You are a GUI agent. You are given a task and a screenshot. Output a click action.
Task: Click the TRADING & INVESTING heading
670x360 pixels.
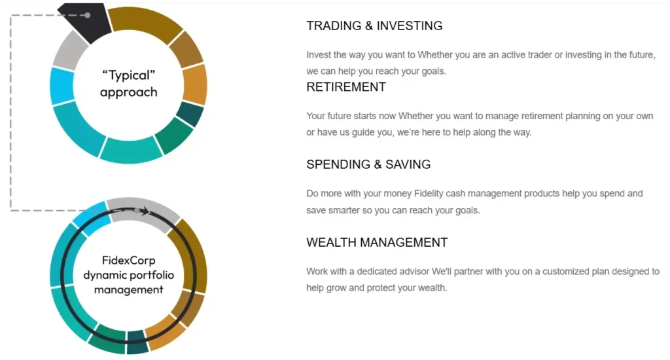click(374, 26)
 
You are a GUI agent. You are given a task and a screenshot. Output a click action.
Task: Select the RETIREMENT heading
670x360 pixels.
click(346, 87)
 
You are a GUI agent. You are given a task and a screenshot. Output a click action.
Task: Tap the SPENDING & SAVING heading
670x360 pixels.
click(368, 165)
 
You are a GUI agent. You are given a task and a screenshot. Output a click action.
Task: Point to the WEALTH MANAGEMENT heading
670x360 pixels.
click(377, 243)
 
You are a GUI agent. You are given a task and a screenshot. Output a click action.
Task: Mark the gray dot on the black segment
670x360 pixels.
click(88, 14)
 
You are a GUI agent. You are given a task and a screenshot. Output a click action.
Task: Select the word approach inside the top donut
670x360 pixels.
click(128, 92)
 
